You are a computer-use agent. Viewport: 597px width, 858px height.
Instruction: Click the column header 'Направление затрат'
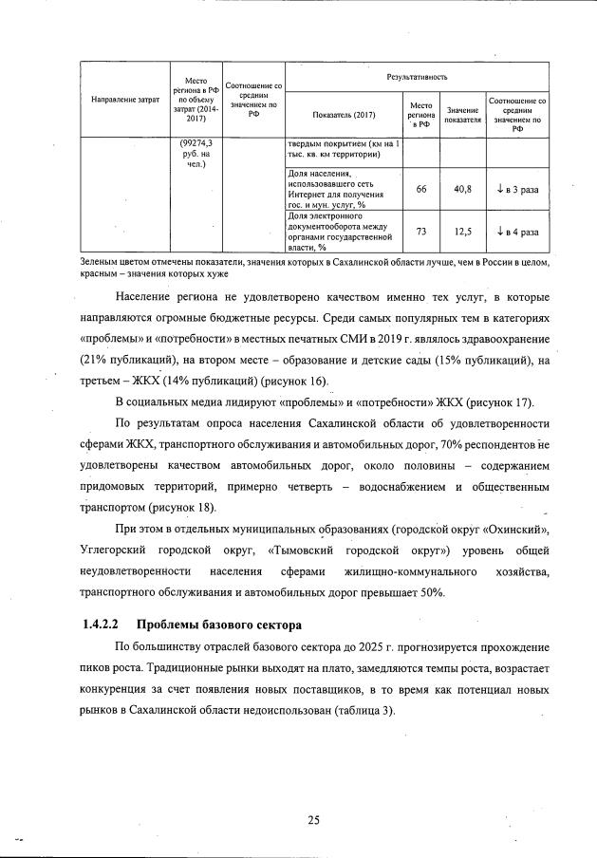[123, 100]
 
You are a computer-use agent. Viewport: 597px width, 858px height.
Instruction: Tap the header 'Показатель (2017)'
[337, 116]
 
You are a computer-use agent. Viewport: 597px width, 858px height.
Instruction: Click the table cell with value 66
[420, 189]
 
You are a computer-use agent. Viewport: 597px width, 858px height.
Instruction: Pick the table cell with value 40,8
[463, 189]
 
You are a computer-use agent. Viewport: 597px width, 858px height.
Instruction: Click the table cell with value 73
[420, 231]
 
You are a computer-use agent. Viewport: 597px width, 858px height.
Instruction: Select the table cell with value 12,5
[463, 231]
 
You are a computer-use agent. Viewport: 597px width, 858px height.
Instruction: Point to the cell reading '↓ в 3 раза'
[517, 189]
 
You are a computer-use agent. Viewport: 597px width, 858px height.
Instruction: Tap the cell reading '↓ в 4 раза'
[517, 231]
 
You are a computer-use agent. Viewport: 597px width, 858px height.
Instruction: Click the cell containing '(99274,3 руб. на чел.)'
[196, 153]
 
